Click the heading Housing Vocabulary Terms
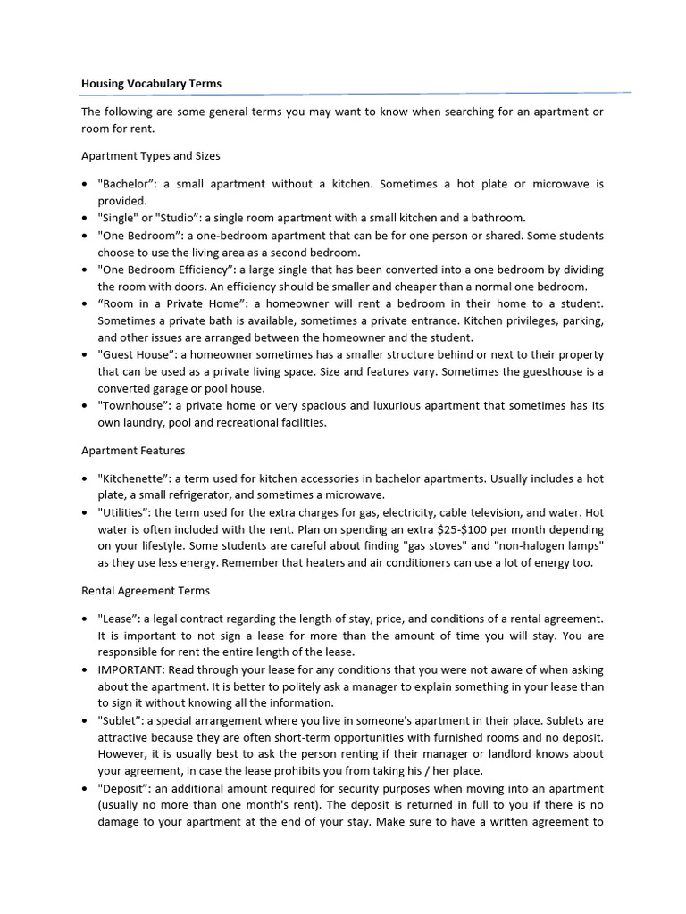151,84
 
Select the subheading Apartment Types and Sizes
150,156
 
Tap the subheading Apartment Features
133,451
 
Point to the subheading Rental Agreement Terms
146,591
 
